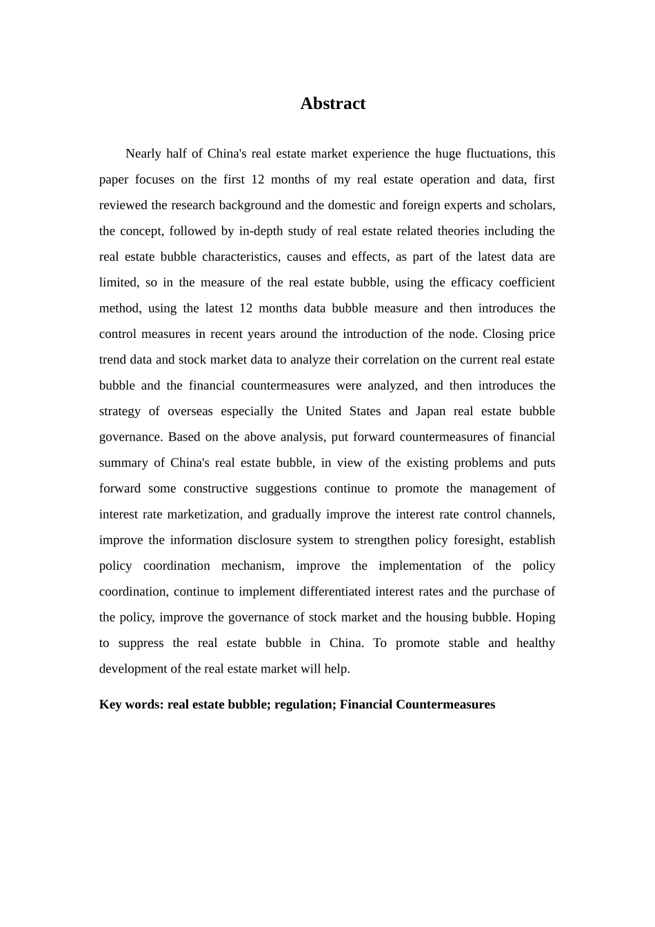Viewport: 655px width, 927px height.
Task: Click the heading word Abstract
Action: pyautogui.click(x=332, y=103)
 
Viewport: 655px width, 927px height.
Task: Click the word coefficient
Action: pyautogui.click(x=530, y=283)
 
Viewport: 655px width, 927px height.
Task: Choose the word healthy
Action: pyautogui.click(x=536, y=643)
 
